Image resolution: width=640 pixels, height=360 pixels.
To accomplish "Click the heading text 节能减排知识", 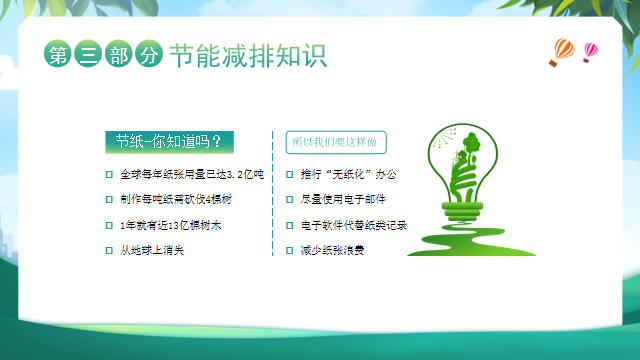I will point(247,55).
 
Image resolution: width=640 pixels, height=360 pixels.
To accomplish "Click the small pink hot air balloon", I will point(590,50).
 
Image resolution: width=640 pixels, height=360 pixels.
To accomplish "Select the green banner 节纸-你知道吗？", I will point(169,141).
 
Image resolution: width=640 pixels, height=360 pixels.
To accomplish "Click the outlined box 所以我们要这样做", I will point(337,142).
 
